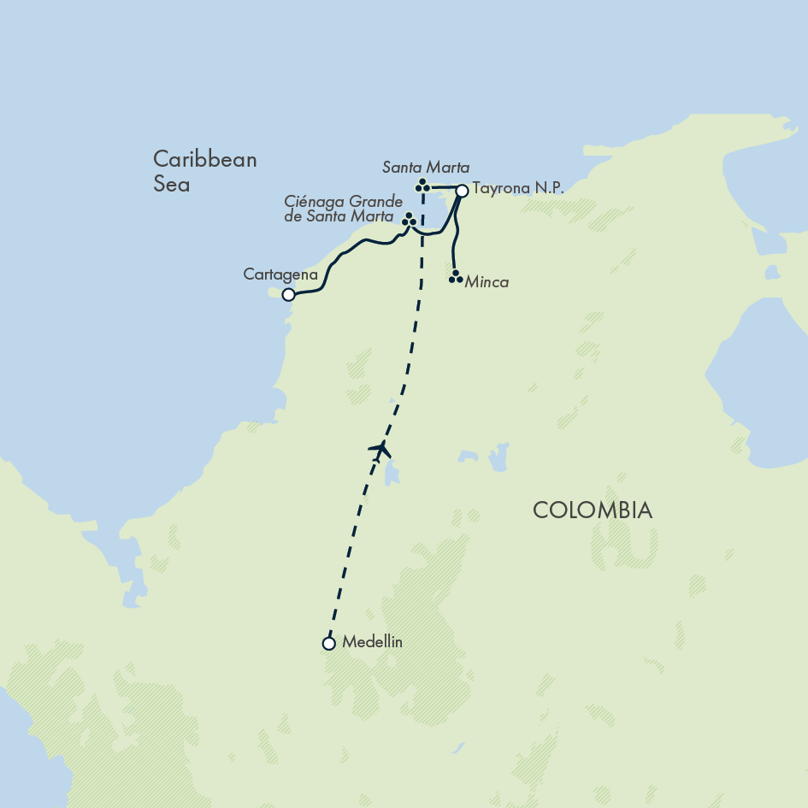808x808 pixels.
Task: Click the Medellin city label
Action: [x=371, y=642]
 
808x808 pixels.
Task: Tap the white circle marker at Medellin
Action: [x=328, y=643]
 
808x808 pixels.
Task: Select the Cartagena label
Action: [x=280, y=275]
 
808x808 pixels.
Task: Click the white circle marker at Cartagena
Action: [x=289, y=295]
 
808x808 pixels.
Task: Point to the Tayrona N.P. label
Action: [x=517, y=190]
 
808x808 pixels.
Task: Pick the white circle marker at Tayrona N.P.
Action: [x=462, y=191]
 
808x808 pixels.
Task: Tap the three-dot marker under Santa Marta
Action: [x=422, y=186]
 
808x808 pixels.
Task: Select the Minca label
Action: [x=487, y=282]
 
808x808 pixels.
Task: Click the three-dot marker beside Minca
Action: [x=456, y=277]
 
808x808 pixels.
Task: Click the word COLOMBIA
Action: [x=593, y=510]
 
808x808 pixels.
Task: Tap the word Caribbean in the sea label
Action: [x=205, y=160]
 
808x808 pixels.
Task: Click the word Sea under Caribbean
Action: [x=171, y=184]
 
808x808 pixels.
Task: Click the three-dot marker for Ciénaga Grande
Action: [x=409, y=220]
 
